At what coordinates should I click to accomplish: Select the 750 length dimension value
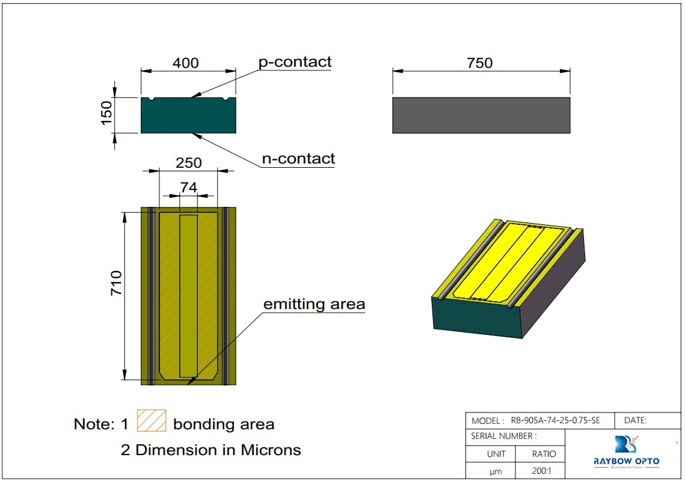pos(479,63)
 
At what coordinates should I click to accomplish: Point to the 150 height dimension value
pos(106,114)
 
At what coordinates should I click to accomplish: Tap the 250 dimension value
pos(188,163)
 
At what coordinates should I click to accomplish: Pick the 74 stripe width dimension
pos(189,188)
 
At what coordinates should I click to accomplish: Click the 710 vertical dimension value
pos(116,283)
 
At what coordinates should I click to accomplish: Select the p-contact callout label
pos(295,62)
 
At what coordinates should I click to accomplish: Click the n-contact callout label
pos(298,159)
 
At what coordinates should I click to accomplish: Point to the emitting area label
pos(314,304)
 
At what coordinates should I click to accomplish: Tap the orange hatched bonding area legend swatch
pos(152,420)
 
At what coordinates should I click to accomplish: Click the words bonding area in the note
pos(223,424)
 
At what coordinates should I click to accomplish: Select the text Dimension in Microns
pos(218,450)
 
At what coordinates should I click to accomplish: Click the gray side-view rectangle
pos(481,115)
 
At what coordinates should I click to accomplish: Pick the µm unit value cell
pos(496,472)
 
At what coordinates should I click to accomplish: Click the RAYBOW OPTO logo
pos(626,453)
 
